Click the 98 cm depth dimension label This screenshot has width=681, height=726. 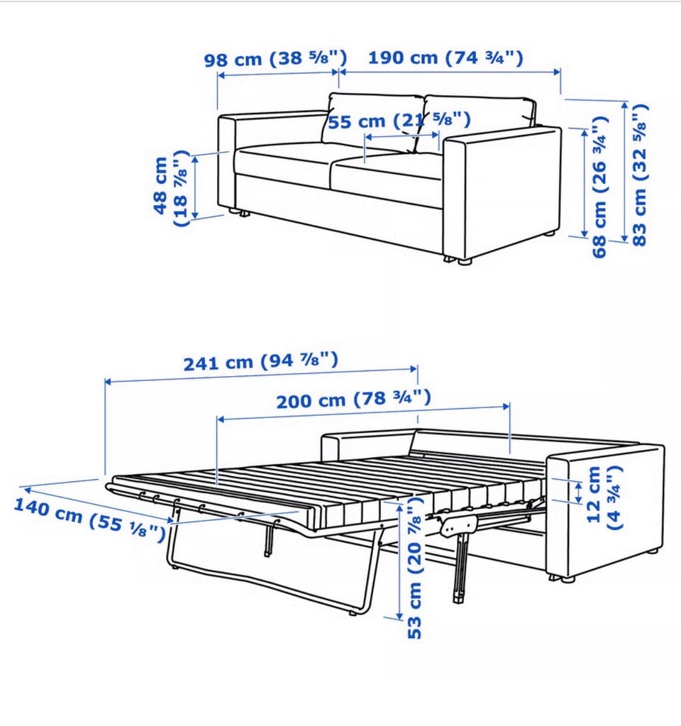[x=275, y=59]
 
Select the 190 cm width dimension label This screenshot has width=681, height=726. [x=445, y=58]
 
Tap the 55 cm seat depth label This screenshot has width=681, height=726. [x=399, y=121]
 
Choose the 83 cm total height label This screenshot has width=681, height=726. [x=640, y=175]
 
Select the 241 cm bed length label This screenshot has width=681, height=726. [x=260, y=362]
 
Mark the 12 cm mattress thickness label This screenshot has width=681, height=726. [x=604, y=497]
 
